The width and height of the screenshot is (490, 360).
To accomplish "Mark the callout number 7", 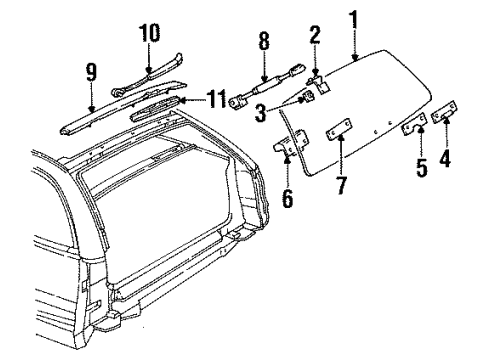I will coord(341,183).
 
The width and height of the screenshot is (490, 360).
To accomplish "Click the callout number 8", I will coord(264,43).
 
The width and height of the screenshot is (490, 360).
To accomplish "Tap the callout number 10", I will coord(149,33).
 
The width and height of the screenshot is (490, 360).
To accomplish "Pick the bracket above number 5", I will coord(413,127).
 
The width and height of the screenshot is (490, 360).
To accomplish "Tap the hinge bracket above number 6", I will coord(287,146).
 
